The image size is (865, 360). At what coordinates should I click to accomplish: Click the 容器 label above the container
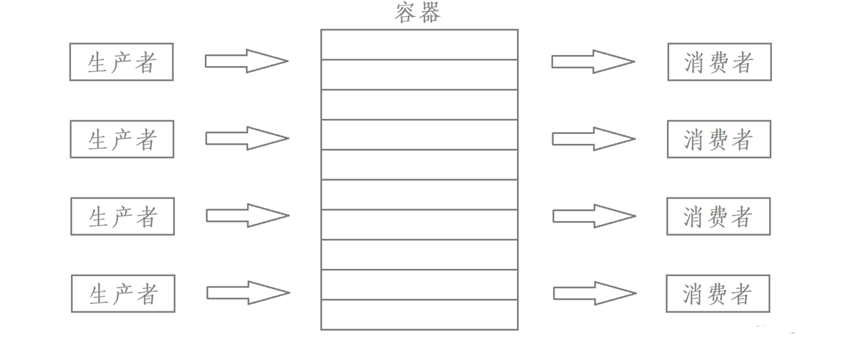pos(418,13)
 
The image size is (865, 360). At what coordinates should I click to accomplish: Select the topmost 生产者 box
pos(122,62)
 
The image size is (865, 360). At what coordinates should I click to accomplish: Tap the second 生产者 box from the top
pos(122,139)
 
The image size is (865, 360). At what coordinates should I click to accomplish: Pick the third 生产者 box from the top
pos(123,216)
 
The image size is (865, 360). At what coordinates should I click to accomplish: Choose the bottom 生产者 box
pos(124,293)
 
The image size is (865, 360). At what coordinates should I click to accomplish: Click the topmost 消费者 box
pos(719,62)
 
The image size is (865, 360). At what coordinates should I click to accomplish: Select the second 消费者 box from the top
pos(719,139)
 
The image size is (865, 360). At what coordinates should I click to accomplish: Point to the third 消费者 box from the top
pos(718,216)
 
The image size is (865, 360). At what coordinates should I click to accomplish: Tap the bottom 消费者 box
pos(718,293)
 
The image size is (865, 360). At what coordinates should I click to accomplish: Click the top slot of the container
pos(419,44)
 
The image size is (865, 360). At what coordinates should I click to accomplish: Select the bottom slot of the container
pos(419,314)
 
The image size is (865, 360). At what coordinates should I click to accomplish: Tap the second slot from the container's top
pos(419,74)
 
